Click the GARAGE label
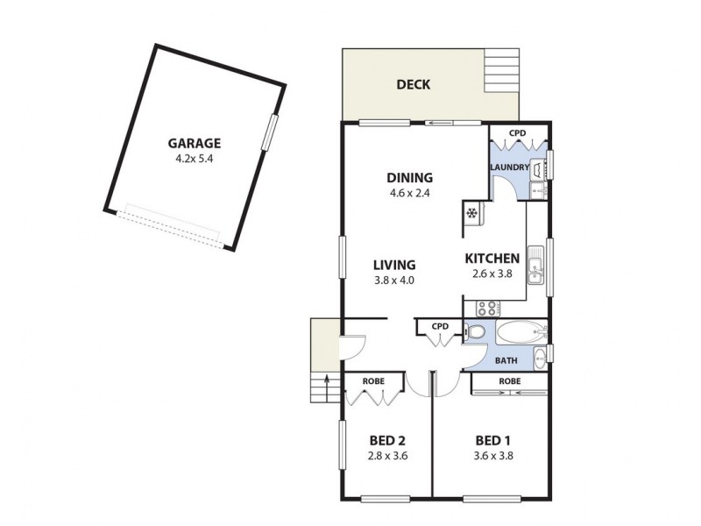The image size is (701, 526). point(195,144)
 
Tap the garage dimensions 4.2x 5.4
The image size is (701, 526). point(195,160)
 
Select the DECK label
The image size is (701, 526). point(412,85)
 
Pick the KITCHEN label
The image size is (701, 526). point(492,259)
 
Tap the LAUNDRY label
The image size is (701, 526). point(509,167)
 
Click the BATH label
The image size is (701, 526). point(506,360)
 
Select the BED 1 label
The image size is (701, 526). point(492,440)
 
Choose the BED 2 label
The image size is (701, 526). point(386,440)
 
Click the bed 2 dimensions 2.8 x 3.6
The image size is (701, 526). point(386,456)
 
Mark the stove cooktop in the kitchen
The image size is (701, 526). point(486,308)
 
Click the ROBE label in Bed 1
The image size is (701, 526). point(509,382)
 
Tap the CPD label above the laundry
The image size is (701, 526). point(518,134)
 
